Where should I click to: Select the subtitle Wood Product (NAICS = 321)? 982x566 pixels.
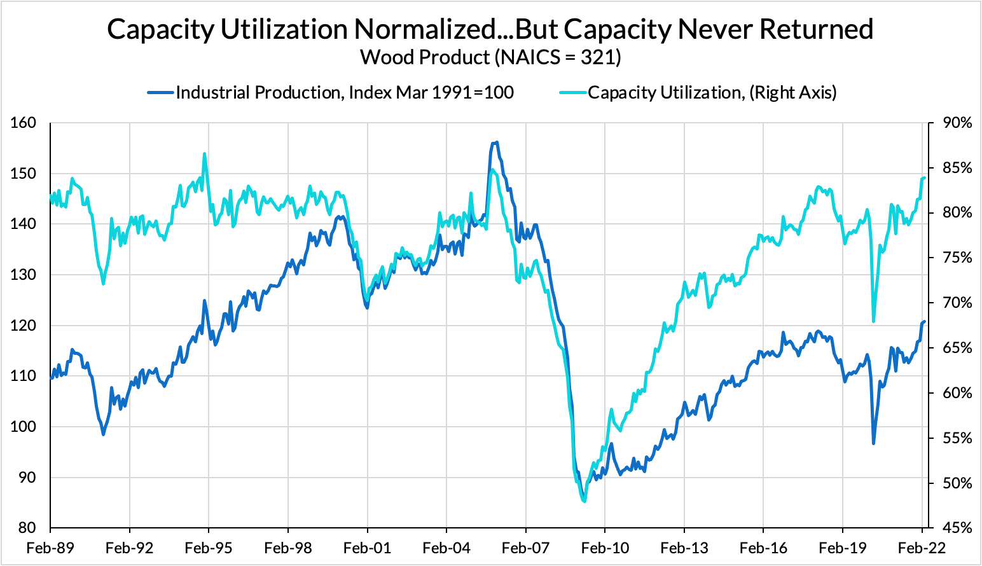click(x=490, y=57)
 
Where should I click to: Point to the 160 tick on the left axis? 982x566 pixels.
click(x=24, y=123)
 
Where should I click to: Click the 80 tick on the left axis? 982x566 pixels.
click(x=27, y=528)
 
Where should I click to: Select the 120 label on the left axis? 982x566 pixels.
click(x=24, y=326)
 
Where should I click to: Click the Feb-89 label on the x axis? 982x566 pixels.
click(x=50, y=548)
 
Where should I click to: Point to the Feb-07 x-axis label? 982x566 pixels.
click(x=525, y=548)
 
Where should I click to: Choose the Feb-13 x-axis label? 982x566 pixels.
click(x=684, y=548)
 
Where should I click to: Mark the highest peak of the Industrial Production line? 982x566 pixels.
click(x=496, y=142)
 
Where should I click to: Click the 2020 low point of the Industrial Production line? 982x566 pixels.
click(x=873, y=443)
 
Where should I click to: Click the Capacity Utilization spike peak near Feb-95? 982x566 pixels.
click(x=204, y=153)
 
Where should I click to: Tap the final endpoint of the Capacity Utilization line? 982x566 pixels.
click(x=924, y=178)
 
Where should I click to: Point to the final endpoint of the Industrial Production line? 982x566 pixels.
click(x=924, y=322)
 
